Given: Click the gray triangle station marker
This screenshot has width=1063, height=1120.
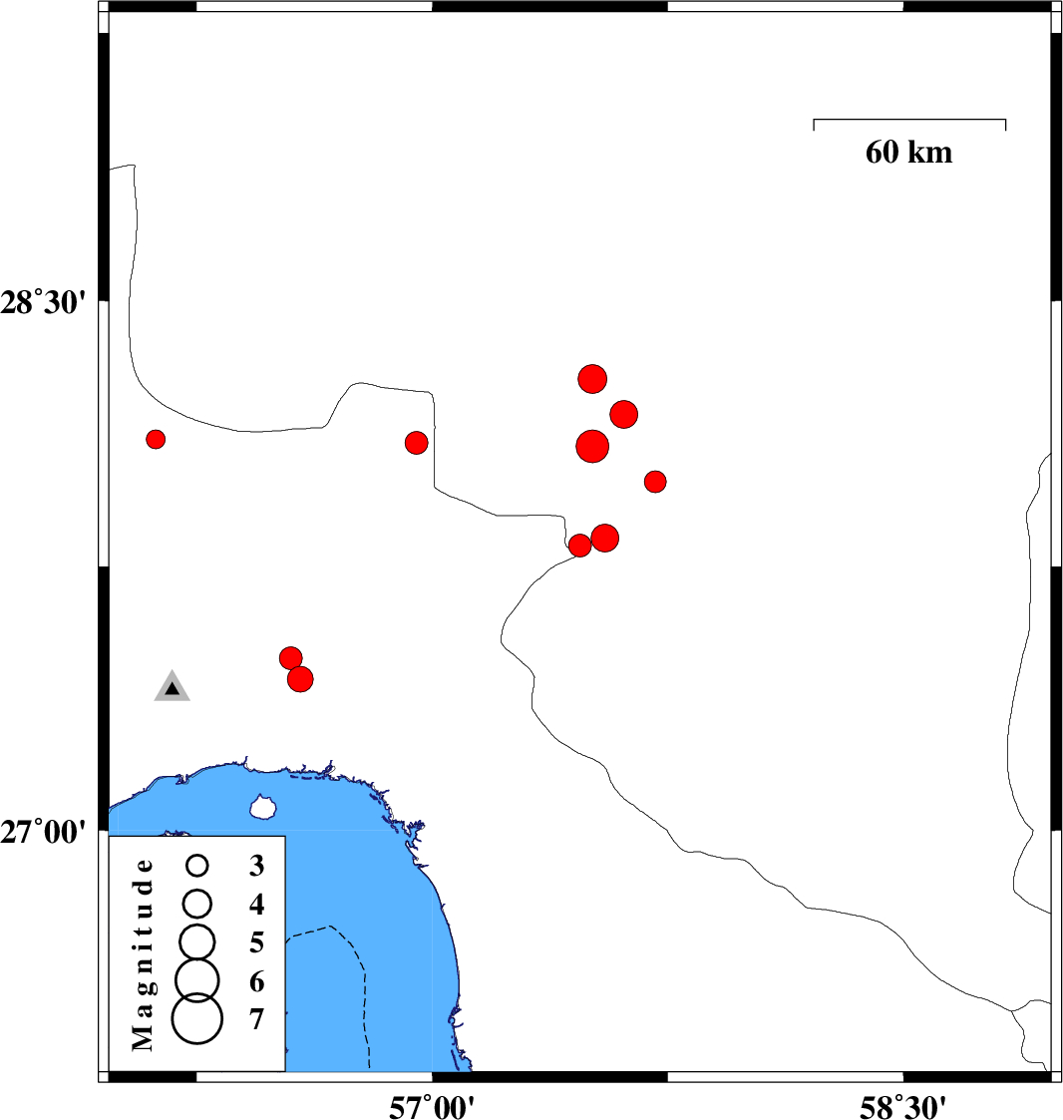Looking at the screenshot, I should tap(173, 687).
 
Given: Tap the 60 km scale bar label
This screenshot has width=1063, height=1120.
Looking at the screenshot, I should tap(908, 153).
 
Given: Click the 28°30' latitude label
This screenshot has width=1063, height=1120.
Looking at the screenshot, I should tap(49, 301).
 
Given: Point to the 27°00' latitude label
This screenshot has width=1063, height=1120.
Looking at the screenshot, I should tap(49, 830).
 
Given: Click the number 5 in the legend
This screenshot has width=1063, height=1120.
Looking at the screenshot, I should tap(257, 942).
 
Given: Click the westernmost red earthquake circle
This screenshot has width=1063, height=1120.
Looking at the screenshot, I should tap(156, 439).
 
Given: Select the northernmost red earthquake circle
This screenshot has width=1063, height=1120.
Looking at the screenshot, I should tap(592, 379).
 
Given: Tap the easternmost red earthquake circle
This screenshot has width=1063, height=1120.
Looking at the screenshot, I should tap(655, 482).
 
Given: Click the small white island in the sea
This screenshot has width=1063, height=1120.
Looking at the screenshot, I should tap(262, 807).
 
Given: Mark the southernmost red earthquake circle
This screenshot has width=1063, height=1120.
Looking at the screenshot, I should tap(300, 679).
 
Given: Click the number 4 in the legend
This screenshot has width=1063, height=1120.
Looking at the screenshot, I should tap(257, 905).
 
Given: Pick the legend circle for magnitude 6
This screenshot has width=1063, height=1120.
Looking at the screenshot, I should tap(197, 979).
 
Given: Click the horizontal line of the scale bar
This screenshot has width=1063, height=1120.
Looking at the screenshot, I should tap(908, 120).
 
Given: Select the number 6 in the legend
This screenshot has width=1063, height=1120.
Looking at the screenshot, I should tap(257, 982).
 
